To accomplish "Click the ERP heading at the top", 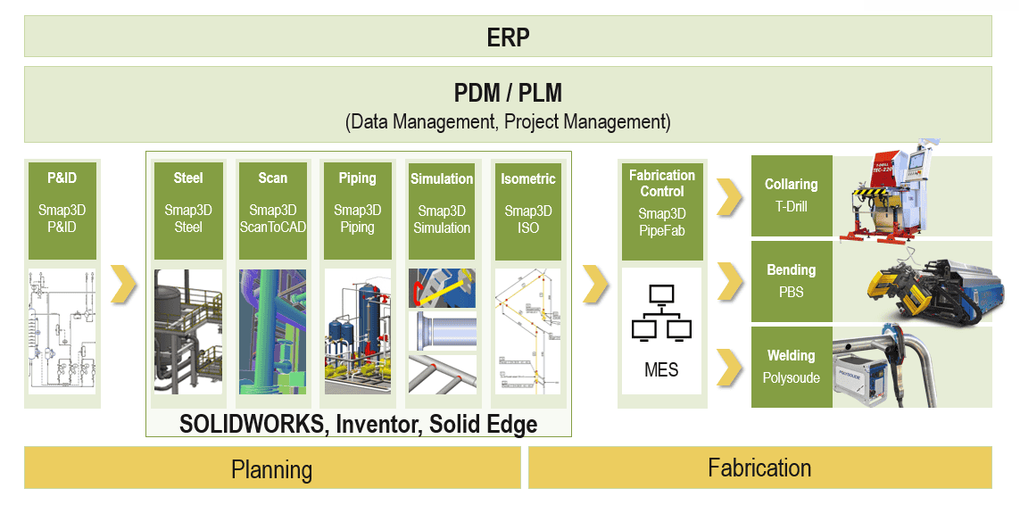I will click(508, 37).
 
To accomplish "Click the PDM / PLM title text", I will click(508, 93).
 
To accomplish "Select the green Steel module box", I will click(188, 211).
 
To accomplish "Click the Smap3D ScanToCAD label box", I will click(272, 211).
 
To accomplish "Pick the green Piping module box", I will click(357, 211).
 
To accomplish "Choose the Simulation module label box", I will click(442, 211).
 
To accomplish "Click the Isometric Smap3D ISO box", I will click(527, 211).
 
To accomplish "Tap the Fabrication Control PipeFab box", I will click(662, 211).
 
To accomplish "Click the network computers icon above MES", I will click(661, 313).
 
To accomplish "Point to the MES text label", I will click(661, 368).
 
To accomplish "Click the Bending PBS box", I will click(792, 281).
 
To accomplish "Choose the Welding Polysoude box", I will click(792, 367).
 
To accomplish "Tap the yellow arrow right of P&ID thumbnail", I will click(123, 283).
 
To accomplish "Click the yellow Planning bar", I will click(272, 468).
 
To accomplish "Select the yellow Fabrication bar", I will click(759, 468).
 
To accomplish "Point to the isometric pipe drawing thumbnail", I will click(527, 331).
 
